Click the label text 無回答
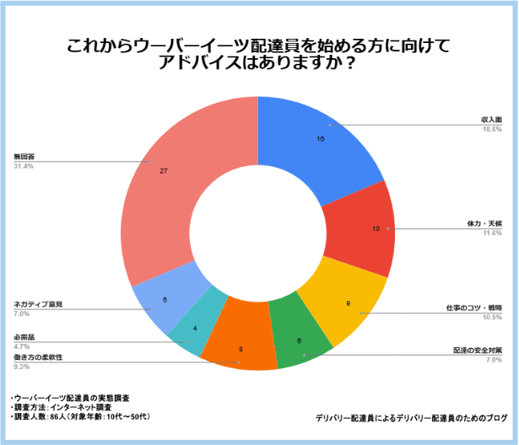tap(24, 157)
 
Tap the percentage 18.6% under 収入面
tap(492, 129)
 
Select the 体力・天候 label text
tap(485, 223)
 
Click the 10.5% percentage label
tap(492, 317)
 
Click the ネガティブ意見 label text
tap(39, 303)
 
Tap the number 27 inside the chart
tap(164, 171)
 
